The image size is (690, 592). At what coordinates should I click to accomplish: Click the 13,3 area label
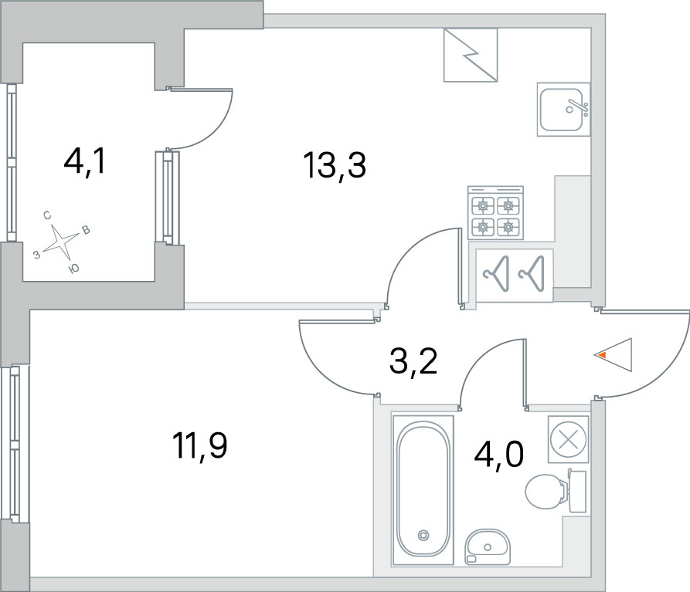[335, 166]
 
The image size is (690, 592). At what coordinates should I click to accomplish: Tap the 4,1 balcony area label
[84, 161]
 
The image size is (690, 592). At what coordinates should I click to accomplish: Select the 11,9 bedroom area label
[200, 445]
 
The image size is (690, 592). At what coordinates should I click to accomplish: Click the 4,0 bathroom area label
[498, 455]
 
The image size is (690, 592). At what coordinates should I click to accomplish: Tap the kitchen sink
[563, 109]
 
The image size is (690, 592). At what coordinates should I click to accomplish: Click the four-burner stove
[495, 213]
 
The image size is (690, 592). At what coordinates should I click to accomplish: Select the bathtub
[423, 489]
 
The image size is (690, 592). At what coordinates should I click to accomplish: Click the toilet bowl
[556, 492]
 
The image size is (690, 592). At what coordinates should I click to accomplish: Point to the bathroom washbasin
[488, 546]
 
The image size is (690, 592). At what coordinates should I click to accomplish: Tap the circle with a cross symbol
[568, 439]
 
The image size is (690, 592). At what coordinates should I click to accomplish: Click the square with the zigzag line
[471, 56]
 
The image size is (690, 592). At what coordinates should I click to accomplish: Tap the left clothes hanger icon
[497, 274]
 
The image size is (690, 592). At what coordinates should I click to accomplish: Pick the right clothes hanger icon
[532, 274]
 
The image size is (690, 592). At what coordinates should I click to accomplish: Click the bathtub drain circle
[423, 535]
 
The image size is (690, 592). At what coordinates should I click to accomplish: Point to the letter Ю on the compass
[74, 269]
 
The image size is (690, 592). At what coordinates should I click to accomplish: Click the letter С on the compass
[47, 215]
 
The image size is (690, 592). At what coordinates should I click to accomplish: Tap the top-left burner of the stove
[483, 205]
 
